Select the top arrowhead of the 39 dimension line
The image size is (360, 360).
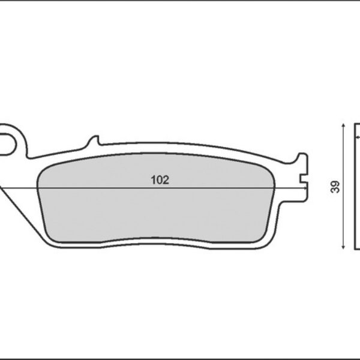(342, 127)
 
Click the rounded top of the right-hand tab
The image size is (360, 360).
(303, 157)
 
